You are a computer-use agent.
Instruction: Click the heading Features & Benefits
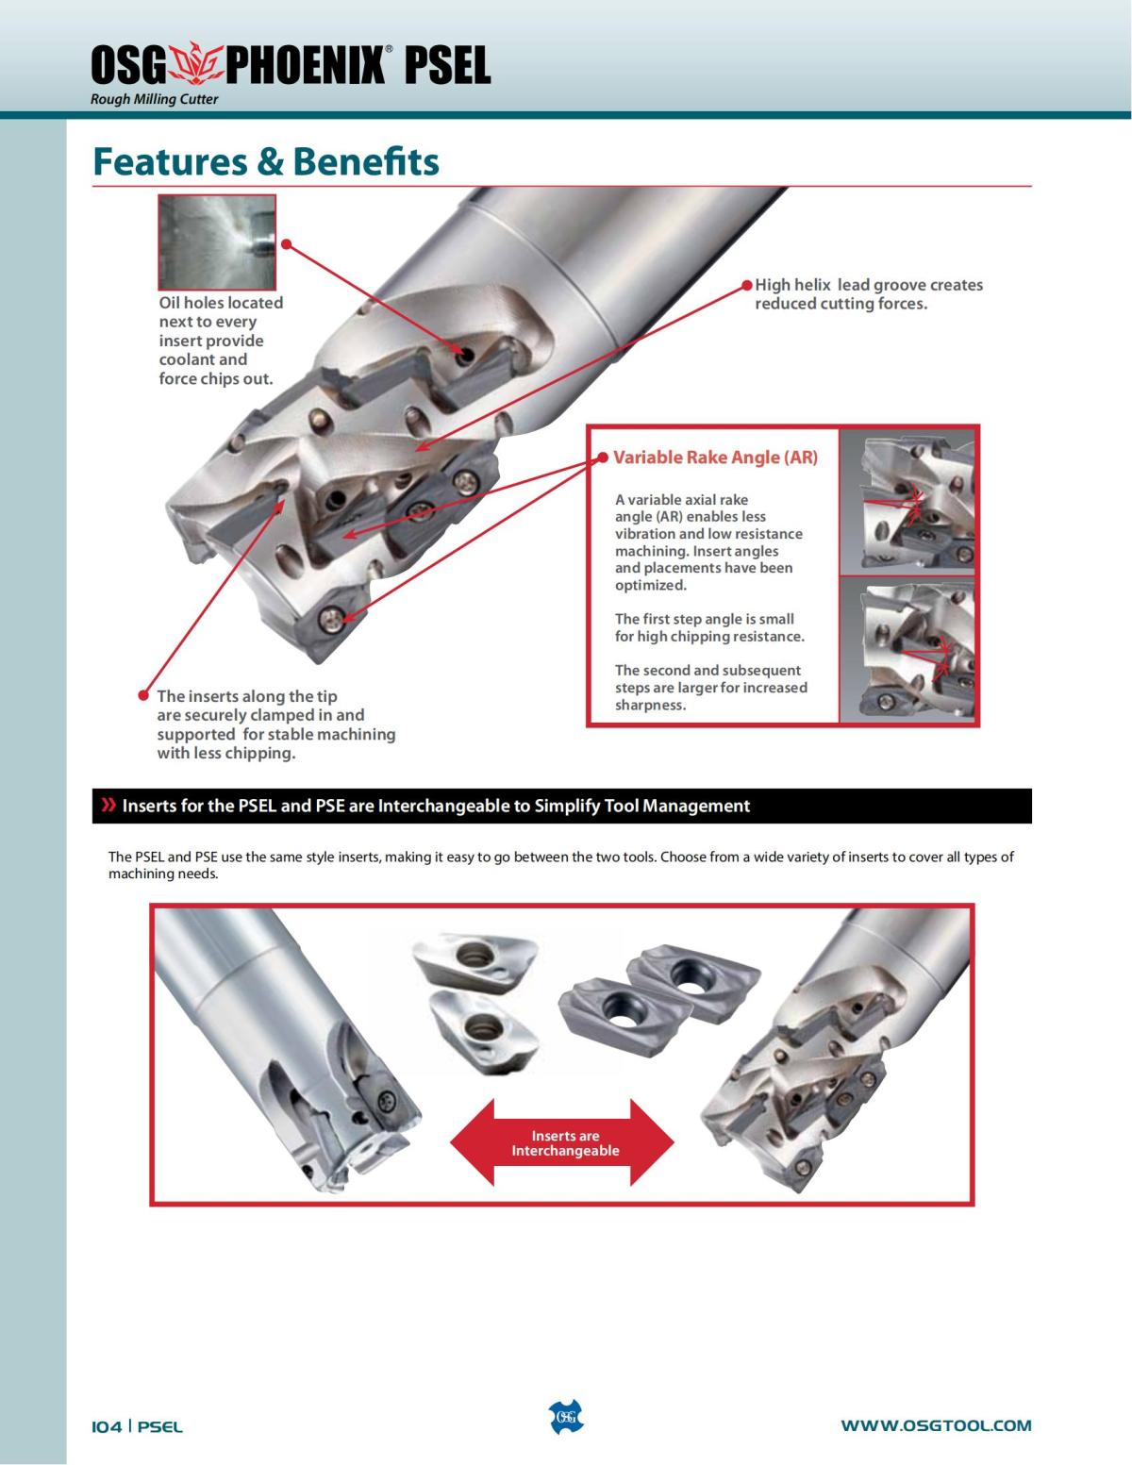pos(266,162)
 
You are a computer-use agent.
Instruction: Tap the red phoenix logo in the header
pos(195,64)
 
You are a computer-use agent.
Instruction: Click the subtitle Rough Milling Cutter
pos(155,99)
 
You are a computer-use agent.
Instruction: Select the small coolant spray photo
pos(217,242)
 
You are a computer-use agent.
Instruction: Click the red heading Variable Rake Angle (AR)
pos(715,458)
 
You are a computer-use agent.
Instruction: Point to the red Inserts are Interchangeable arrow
pos(562,1142)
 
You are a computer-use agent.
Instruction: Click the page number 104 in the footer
pos(107,1426)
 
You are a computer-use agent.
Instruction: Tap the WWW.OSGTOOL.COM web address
pos(936,1425)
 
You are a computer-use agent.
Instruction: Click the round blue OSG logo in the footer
pos(566,1417)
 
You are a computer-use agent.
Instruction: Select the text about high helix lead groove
pos(869,294)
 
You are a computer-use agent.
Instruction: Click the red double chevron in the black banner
pos(108,805)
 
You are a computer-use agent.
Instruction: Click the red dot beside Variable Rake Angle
pos(603,458)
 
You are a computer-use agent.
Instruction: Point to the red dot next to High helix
pos(746,285)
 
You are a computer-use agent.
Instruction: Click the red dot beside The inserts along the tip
pos(143,695)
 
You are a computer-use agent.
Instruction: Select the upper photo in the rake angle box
pos(908,502)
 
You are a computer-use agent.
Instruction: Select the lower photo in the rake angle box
pos(908,650)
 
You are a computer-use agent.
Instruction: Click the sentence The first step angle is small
pos(705,619)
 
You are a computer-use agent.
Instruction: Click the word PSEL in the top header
pos(448,65)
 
